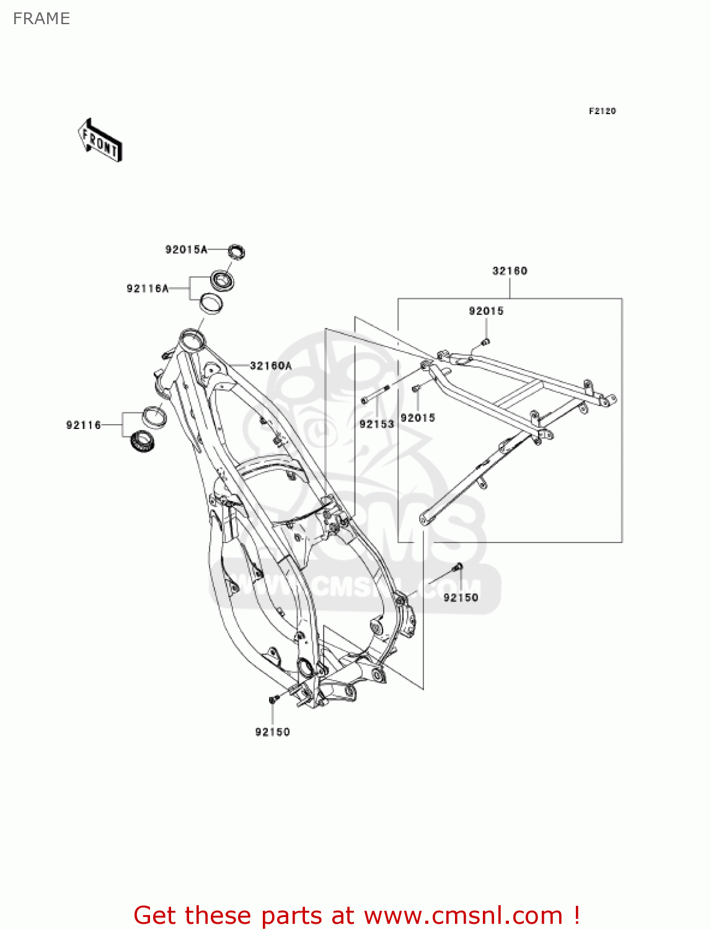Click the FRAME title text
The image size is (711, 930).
[x=42, y=19]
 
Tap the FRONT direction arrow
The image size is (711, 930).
[x=100, y=141]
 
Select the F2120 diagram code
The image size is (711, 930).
[x=602, y=111]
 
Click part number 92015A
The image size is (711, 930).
[x=186, y=250]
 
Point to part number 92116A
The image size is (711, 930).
[x=148, y=288]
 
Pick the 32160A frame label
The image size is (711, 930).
[x=271, y=366]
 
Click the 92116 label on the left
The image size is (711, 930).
[x=84, y=425]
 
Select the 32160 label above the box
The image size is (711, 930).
[x=510, y=271]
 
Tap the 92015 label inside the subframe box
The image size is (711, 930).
[x=486, y=311]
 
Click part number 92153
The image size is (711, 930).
[x=377, y=424]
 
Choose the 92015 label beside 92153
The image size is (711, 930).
[x=418, y=418]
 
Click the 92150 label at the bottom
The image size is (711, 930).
[x=273, y=732]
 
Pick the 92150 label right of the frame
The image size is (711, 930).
[x=461, y=598]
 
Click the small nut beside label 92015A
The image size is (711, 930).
[x=236, y=251]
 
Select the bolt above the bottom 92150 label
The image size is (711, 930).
[x=273, y=699]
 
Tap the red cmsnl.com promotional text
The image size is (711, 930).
[x=356, y=915]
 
